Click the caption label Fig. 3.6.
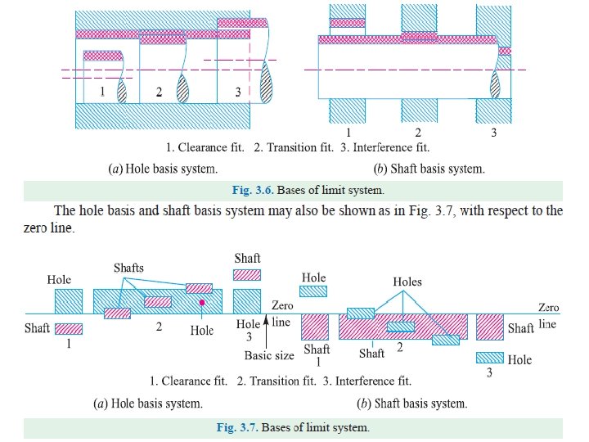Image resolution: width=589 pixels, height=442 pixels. point(253,191)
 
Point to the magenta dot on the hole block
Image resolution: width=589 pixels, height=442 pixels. point(201,303)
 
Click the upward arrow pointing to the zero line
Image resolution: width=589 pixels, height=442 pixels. point(265,324)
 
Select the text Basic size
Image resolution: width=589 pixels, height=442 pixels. point(268,356)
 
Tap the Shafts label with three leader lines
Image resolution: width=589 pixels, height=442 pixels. point(128,268)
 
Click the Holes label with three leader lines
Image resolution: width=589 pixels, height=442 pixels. point(407,282)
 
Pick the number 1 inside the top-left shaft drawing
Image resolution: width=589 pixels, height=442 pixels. point(102,92)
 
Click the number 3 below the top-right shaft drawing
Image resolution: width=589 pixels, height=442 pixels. point(492,133)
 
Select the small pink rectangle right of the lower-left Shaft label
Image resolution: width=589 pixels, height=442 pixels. point(69,328)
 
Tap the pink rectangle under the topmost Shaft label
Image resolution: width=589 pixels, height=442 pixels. point(248,275)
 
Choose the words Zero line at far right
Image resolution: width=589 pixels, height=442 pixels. point(548,316)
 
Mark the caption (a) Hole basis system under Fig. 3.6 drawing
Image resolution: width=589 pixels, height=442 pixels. point(163,169)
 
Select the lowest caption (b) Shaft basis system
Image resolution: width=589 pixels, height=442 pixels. point(411,404)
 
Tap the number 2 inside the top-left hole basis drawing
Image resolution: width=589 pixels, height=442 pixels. point(160,92)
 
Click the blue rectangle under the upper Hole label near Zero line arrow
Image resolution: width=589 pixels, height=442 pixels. point(314,291)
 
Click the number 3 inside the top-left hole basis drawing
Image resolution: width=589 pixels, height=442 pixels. point(237,92)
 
